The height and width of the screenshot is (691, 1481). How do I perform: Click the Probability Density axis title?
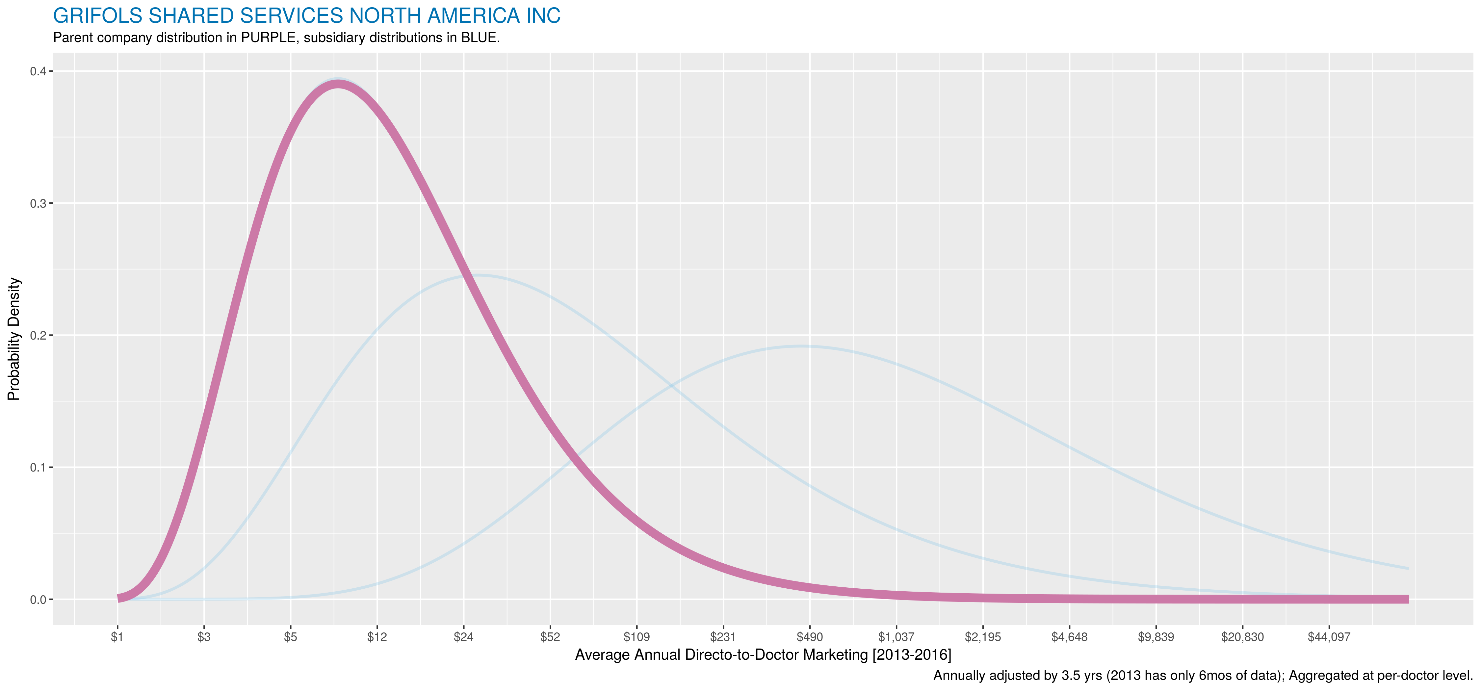(14, 339)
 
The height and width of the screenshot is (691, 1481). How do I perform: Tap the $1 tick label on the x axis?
(117, 637)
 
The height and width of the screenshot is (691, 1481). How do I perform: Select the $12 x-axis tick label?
(377, 637)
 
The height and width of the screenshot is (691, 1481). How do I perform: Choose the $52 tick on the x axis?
(550, 637)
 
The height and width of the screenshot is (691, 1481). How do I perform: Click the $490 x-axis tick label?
(810, 637)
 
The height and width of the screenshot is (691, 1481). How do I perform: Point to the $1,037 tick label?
(896, 637)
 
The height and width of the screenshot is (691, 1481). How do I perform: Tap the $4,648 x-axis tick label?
(1069, 637)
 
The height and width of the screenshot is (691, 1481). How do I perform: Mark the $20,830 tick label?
(1242, 637)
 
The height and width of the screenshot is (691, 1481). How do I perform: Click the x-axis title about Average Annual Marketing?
(763, 655)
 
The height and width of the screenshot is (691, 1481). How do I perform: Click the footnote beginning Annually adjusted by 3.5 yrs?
(1203, 676)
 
